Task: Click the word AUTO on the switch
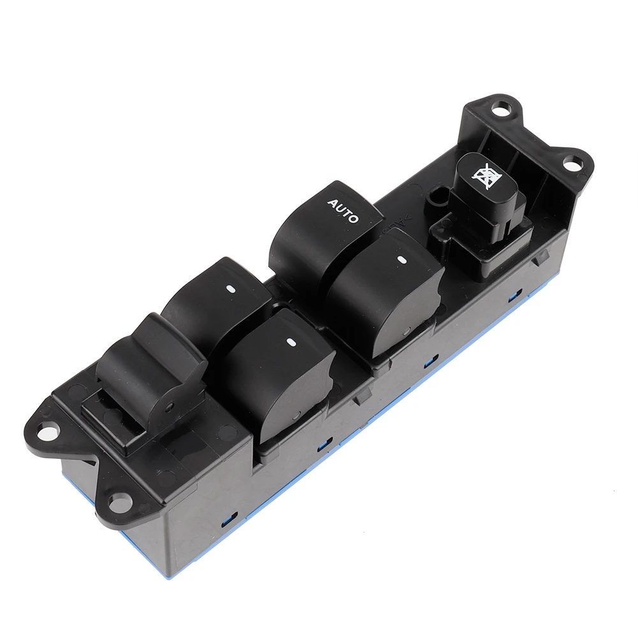(x=343, y=211)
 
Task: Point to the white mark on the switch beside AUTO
(x=402, y=259)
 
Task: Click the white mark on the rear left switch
(x=228, y=289)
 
